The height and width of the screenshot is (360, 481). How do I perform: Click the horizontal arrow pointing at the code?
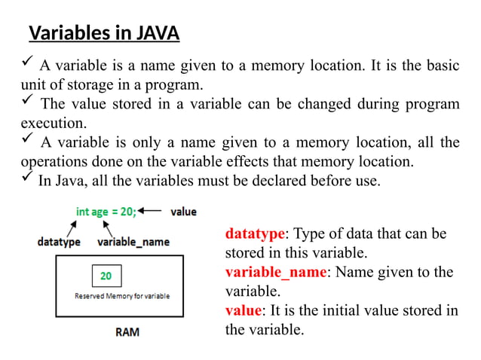(x=152, y=212)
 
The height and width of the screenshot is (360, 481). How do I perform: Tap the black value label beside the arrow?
(x=182, y=212)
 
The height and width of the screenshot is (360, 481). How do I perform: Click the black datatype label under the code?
(x=60, y=242)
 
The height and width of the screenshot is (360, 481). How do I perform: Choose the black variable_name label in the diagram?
(x=133, y=242)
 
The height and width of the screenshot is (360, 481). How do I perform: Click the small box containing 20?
(x=106, y=276)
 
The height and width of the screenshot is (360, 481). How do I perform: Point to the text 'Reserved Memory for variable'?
(x=121, y=296)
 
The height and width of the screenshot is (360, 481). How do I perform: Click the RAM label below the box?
(x=126, y=332)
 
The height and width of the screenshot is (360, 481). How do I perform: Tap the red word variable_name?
(x=275, y=273)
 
